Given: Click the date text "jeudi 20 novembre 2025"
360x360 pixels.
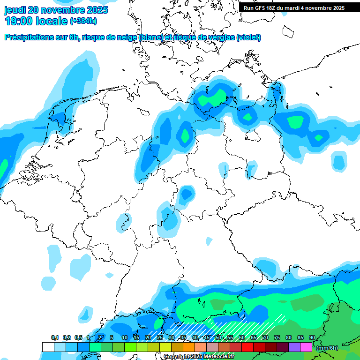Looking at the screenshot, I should pos(56,10).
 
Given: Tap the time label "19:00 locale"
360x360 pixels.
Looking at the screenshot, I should pos(36,21).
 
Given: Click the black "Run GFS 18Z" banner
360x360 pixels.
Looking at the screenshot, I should pos(294,7).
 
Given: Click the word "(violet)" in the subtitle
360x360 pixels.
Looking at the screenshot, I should pos(248,37).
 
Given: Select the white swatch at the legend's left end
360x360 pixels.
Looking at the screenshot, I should pos(48,347).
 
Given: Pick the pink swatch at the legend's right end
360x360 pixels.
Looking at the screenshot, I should pos(306,347).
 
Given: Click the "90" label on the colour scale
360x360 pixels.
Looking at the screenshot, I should pos(312,337).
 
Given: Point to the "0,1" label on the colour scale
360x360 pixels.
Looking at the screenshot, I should pos(55,337).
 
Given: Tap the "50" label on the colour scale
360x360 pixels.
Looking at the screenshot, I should pos(218,337).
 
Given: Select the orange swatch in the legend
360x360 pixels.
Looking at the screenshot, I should pos(189,347).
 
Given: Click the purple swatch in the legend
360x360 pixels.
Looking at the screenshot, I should pos(294,347).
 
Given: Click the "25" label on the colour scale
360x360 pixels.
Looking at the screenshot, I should pos(160,337).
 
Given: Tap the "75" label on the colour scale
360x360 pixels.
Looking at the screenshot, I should pos(277,337).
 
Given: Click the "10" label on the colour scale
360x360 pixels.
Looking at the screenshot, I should pos(125,337).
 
